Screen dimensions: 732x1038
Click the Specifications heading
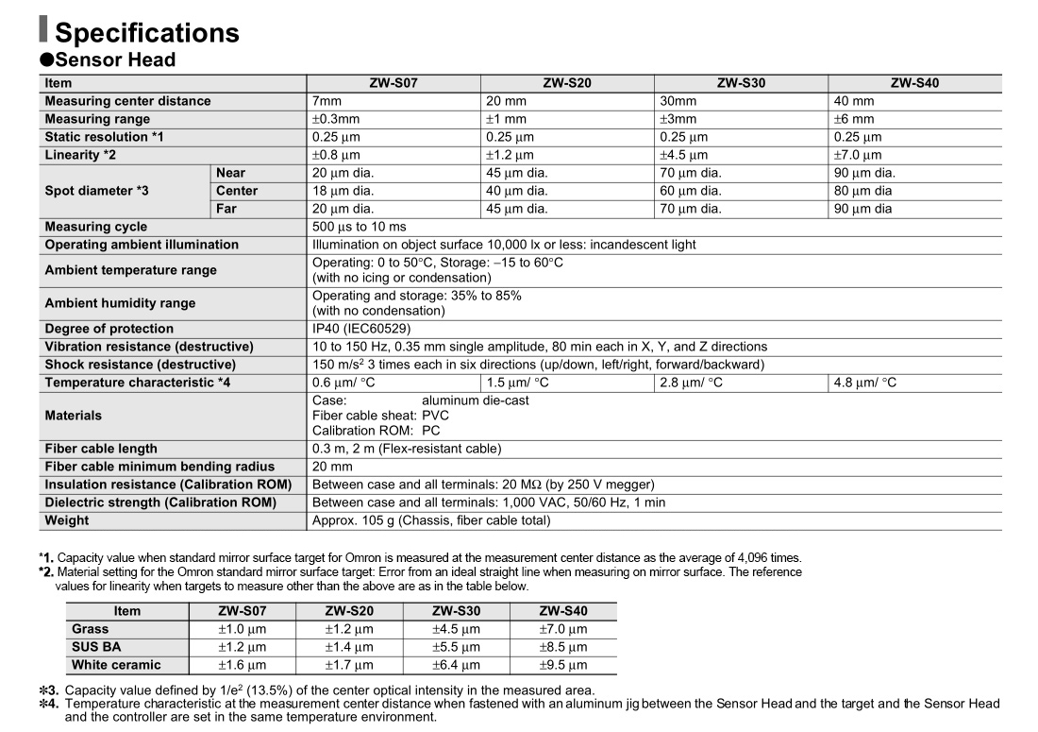coord(146,33)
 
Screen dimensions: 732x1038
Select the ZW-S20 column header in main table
coord(567,83)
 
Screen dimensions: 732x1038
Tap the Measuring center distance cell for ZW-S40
coord(854,101)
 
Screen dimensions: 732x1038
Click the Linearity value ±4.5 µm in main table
coord(684,155)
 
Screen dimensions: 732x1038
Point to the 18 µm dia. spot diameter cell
coord(343,191)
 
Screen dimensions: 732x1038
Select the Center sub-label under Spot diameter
coord(237,191)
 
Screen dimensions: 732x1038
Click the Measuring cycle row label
coord(96,227)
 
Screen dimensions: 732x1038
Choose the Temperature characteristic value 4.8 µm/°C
coord(865,383)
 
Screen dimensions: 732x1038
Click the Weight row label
coord(67,520)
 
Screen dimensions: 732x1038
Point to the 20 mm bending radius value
coord(332,467)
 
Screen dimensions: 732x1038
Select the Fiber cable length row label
coord(101,449)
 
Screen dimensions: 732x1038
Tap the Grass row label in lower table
coord(91,629)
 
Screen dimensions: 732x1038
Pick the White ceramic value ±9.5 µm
coord(562,665)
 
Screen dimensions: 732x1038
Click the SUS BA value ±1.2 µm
coord(242,647)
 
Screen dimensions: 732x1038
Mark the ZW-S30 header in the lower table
coord(456,611)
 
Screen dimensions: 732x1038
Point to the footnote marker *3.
coord(48,689)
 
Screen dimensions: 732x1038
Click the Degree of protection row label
coord(109,329)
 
